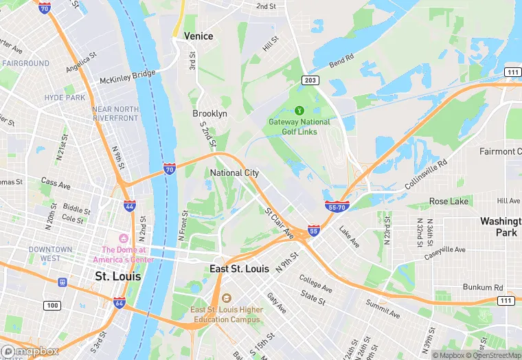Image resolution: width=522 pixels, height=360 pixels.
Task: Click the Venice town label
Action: coord(198,36)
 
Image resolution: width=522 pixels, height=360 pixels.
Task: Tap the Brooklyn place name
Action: coord(209,113)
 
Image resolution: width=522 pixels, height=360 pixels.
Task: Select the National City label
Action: coord(234,173)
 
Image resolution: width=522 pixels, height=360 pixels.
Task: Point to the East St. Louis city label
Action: coord(239,269)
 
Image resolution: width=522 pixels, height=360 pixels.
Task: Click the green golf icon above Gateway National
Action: coord(299,110)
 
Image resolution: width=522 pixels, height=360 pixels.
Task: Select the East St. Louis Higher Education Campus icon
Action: coord(226,298)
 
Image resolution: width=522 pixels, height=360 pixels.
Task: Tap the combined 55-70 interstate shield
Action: coord(337,206)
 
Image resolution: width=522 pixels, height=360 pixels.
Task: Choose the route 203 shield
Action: coord(310,81)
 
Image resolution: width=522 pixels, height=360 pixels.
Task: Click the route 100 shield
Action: coord(51,304)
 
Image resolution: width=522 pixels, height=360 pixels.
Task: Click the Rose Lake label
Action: coord(449,201)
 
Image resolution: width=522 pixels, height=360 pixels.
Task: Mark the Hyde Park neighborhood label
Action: coord(65,98)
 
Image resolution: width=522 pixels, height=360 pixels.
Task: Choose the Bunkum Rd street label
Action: coord(484,287)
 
